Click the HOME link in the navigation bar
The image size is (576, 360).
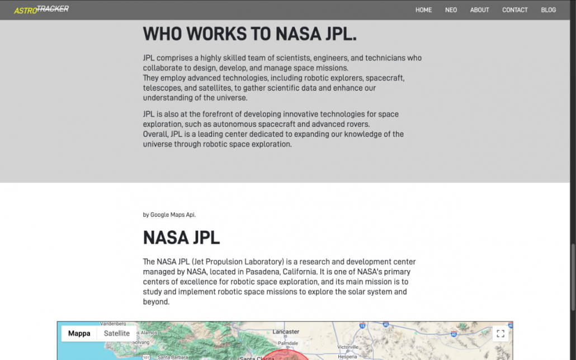423,10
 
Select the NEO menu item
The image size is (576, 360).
451,10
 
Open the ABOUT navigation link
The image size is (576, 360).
479,10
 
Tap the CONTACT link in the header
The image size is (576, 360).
514,10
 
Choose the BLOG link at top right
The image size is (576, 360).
548,10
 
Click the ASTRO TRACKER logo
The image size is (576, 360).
41,10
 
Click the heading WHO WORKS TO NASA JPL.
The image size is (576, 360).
249,34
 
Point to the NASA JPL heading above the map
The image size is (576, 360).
181,238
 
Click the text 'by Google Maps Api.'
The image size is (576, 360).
169,215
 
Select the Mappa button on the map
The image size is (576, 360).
79,334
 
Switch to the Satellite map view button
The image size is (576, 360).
117,334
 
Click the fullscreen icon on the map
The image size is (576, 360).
501,334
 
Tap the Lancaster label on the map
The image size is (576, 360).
285,331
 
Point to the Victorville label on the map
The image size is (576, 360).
347,347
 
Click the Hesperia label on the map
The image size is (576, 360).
347,356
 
